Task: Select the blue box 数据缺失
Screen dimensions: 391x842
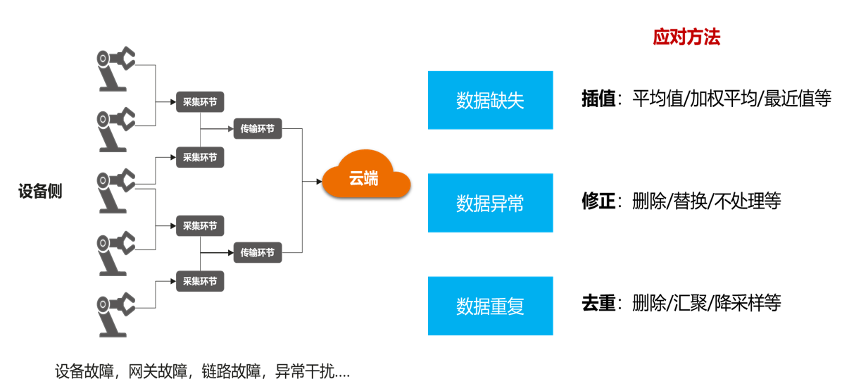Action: tap(490, 100)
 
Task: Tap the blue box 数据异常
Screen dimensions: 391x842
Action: tap(490, 203)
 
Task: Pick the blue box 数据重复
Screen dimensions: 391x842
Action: tap(490, 306)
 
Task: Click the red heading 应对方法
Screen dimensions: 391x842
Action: tap(686, 38)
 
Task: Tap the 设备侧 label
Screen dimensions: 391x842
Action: tap(40, 192)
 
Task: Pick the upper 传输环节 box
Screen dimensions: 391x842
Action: tap(258, 129)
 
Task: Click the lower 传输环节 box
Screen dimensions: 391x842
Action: tap(258, 252)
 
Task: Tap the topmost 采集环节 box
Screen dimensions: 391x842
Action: tap(200, 101)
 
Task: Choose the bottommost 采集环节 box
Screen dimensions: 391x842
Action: tap(200, 282)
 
